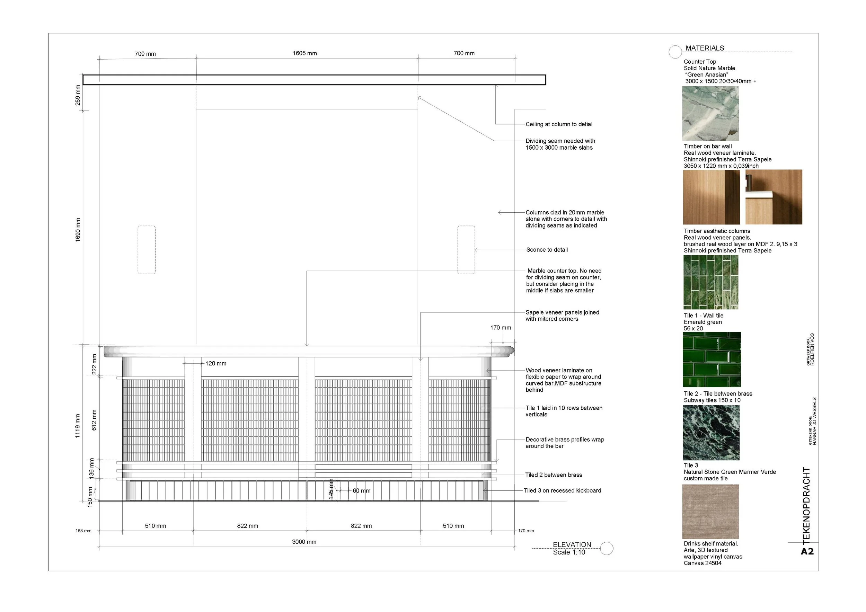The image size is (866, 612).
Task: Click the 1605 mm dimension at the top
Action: pyautogui.click(x=304, y=53)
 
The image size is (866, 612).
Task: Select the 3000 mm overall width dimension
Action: pyautogui.click(x=304, y=542)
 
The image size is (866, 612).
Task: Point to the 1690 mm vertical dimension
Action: pyautogui.click(x=78, y=230)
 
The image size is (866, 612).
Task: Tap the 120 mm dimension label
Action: pyautogui.click(x=216, y=364)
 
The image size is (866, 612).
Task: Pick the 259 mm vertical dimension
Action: pyautogui.click(x=78, y=95)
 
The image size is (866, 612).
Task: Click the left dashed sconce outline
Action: pyautogui.click(x=147, y=250)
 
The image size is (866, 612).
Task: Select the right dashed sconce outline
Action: pyautogui.click(x=466, y=250)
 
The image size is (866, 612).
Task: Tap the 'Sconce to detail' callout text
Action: pyautogui.click(x=547, y=250)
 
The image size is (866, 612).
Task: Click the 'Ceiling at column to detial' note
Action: pyautogui.click(x=559, y=124)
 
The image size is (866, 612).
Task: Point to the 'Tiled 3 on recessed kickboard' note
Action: pyautogui.click(x=562, y=490)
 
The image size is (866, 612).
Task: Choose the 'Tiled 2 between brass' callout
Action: pyautogui.click(x=553, y=475)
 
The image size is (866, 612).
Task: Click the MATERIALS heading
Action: pyautogui.click(x=705, y=48)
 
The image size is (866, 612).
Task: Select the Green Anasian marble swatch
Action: pyautogui.click(x=710, y=114)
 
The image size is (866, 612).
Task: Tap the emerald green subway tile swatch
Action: pyautogui.click(x=712, y=360)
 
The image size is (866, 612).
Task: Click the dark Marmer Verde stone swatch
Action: pyautogui.click(x=711, y=433)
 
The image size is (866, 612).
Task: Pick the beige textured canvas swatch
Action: pyautogui.click(x=710, y=511)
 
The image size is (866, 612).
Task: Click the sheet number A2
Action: pyautogui.click(x=807, y=552)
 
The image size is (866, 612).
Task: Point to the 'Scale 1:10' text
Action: pyautogui.click(x=569, y=552)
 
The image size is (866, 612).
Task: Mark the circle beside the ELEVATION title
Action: pyautogui.click(x=607, y=548)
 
